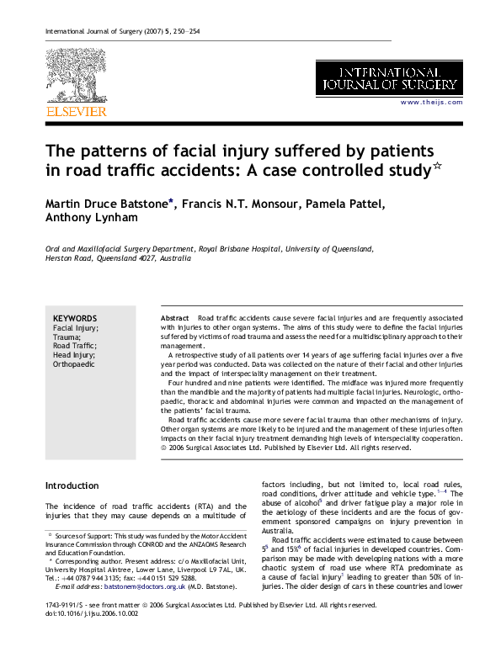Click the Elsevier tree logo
pyautogui.click(x=75, y=77)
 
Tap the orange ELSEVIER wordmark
pyautogui.click(x=76, y=111)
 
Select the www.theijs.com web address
pyautogui.click(x=431, y=102)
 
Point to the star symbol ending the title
pyautogui.click(x=437, y=167)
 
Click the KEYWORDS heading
pyautogui.click(x=75, y=318)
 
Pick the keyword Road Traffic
pyautogui.click(x=74, y=346)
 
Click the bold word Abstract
pyautogui.click(x=175, y=319)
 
